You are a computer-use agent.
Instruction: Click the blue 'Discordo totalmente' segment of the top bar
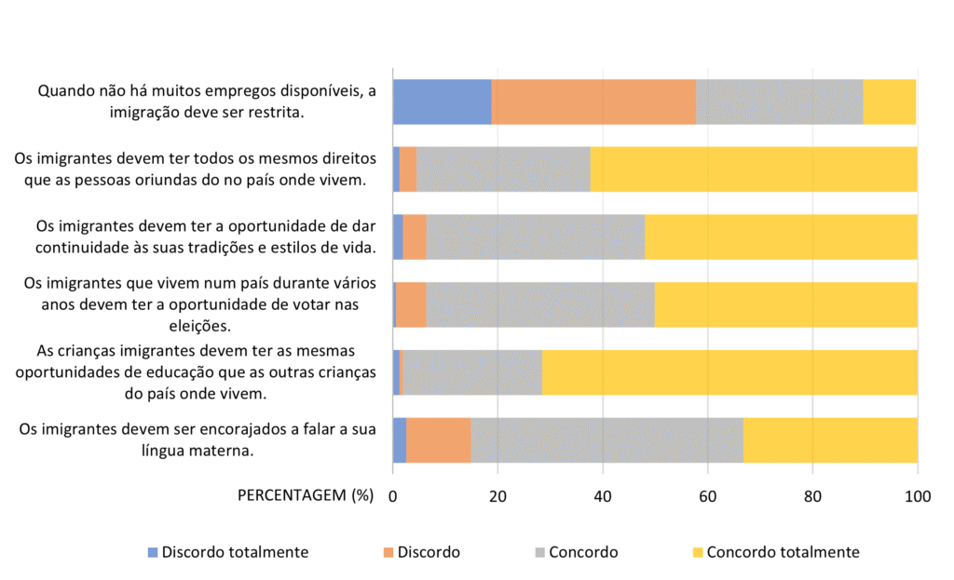point(442,102)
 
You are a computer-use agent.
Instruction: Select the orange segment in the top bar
point(593,102)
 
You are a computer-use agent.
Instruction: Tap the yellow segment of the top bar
point(890,102)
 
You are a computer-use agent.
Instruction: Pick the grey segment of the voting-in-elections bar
point(540,304)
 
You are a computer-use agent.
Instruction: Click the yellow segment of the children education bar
point(729,372)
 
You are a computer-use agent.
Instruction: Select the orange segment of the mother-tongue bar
point(438,440)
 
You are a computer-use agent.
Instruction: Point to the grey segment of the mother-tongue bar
point(606,440)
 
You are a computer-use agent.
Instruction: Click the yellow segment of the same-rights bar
point(754,169)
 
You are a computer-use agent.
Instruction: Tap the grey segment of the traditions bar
point(535,237)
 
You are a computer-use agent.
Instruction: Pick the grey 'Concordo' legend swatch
point(540,552)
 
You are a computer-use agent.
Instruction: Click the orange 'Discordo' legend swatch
point(388,552)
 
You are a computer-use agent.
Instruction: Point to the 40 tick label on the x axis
point(603,496)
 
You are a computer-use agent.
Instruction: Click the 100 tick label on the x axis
point(918,496)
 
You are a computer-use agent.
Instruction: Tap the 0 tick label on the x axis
point(393,496)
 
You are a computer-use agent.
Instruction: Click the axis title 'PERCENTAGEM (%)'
point(306,495)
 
